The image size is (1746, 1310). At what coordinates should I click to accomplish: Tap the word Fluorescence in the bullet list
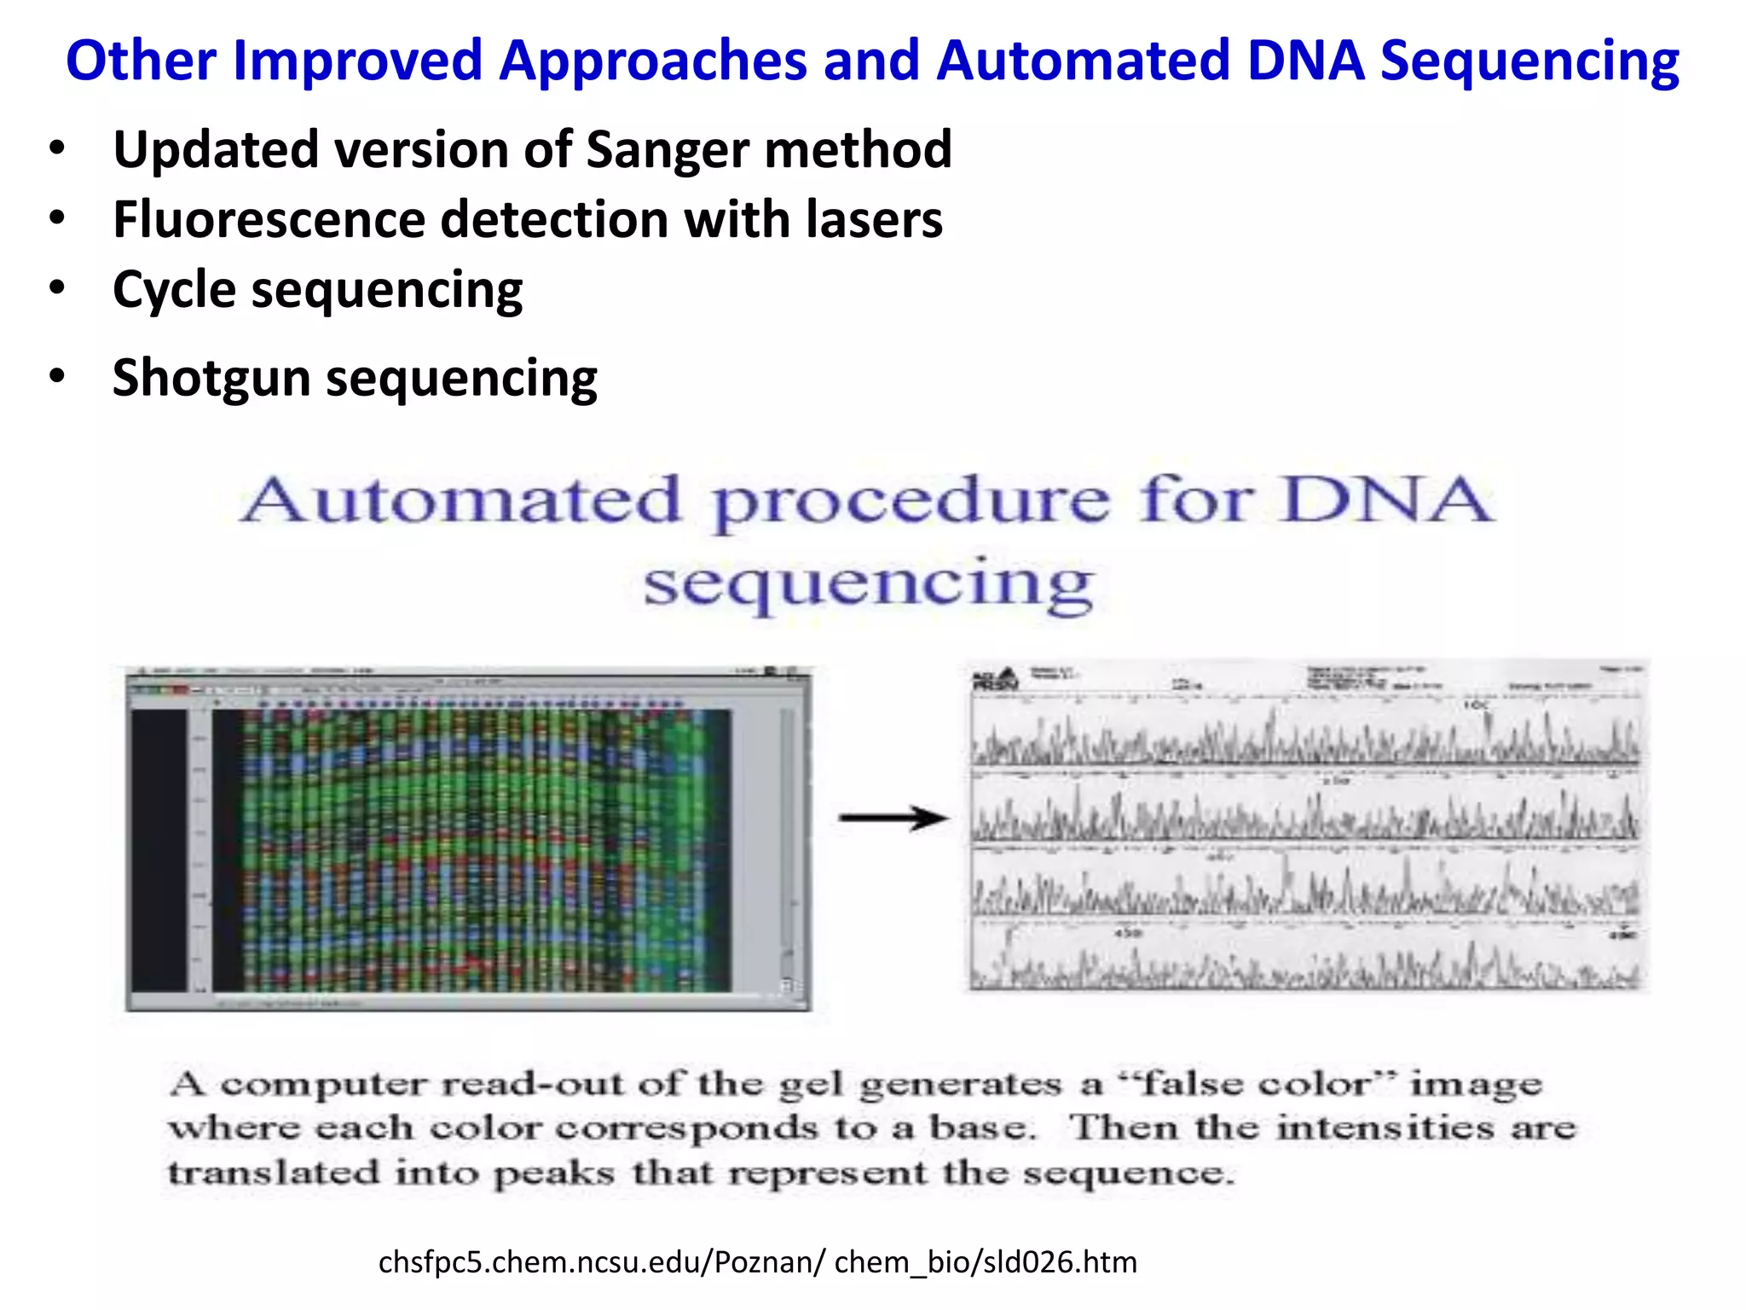click(269, 220)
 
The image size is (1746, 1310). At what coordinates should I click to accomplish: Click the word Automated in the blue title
click(1083, 61)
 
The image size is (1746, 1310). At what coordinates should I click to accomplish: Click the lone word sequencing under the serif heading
click(868, 585)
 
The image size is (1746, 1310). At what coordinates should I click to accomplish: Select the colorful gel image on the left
click(469, 849)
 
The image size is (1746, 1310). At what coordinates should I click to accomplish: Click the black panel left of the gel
click(159, 849)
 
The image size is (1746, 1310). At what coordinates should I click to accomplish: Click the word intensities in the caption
click(1385, 1129)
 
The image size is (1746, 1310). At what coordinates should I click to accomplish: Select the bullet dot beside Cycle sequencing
click(57, 288)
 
